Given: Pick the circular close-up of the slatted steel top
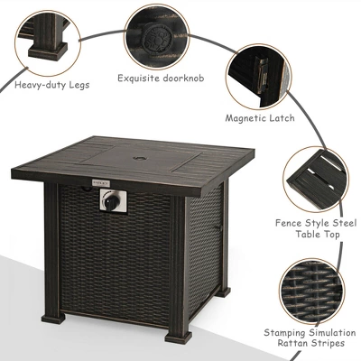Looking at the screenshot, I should click(x=315, y=176).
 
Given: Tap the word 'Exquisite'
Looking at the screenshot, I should click(x=138, y=79).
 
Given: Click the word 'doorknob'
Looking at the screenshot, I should click(x=185, y=79).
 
